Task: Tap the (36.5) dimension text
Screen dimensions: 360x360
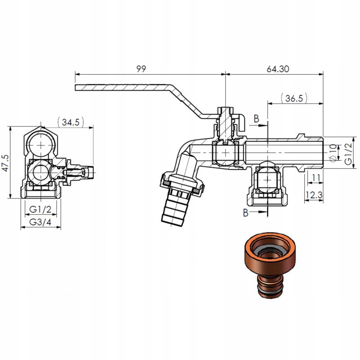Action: pyautogui.click(x=293, y=98)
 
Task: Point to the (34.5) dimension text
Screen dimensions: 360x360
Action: pyautogui.click(x=72, y=122)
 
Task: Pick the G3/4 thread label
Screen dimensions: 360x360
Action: pyautogui.click(x=40, y=222)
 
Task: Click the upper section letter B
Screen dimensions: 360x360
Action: pyautogui.click(x=256, y=118)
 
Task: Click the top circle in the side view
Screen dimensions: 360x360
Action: pyautogui.click(x=41, y=145)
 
